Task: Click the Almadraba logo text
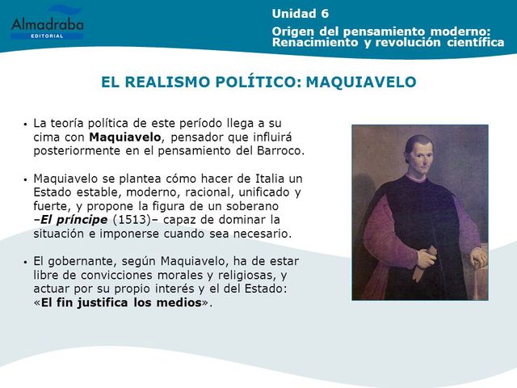point(47,27)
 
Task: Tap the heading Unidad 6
point(300,13)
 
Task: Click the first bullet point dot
point(26,125)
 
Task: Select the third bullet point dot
point(26,262)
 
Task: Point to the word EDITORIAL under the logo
point(47,40)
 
